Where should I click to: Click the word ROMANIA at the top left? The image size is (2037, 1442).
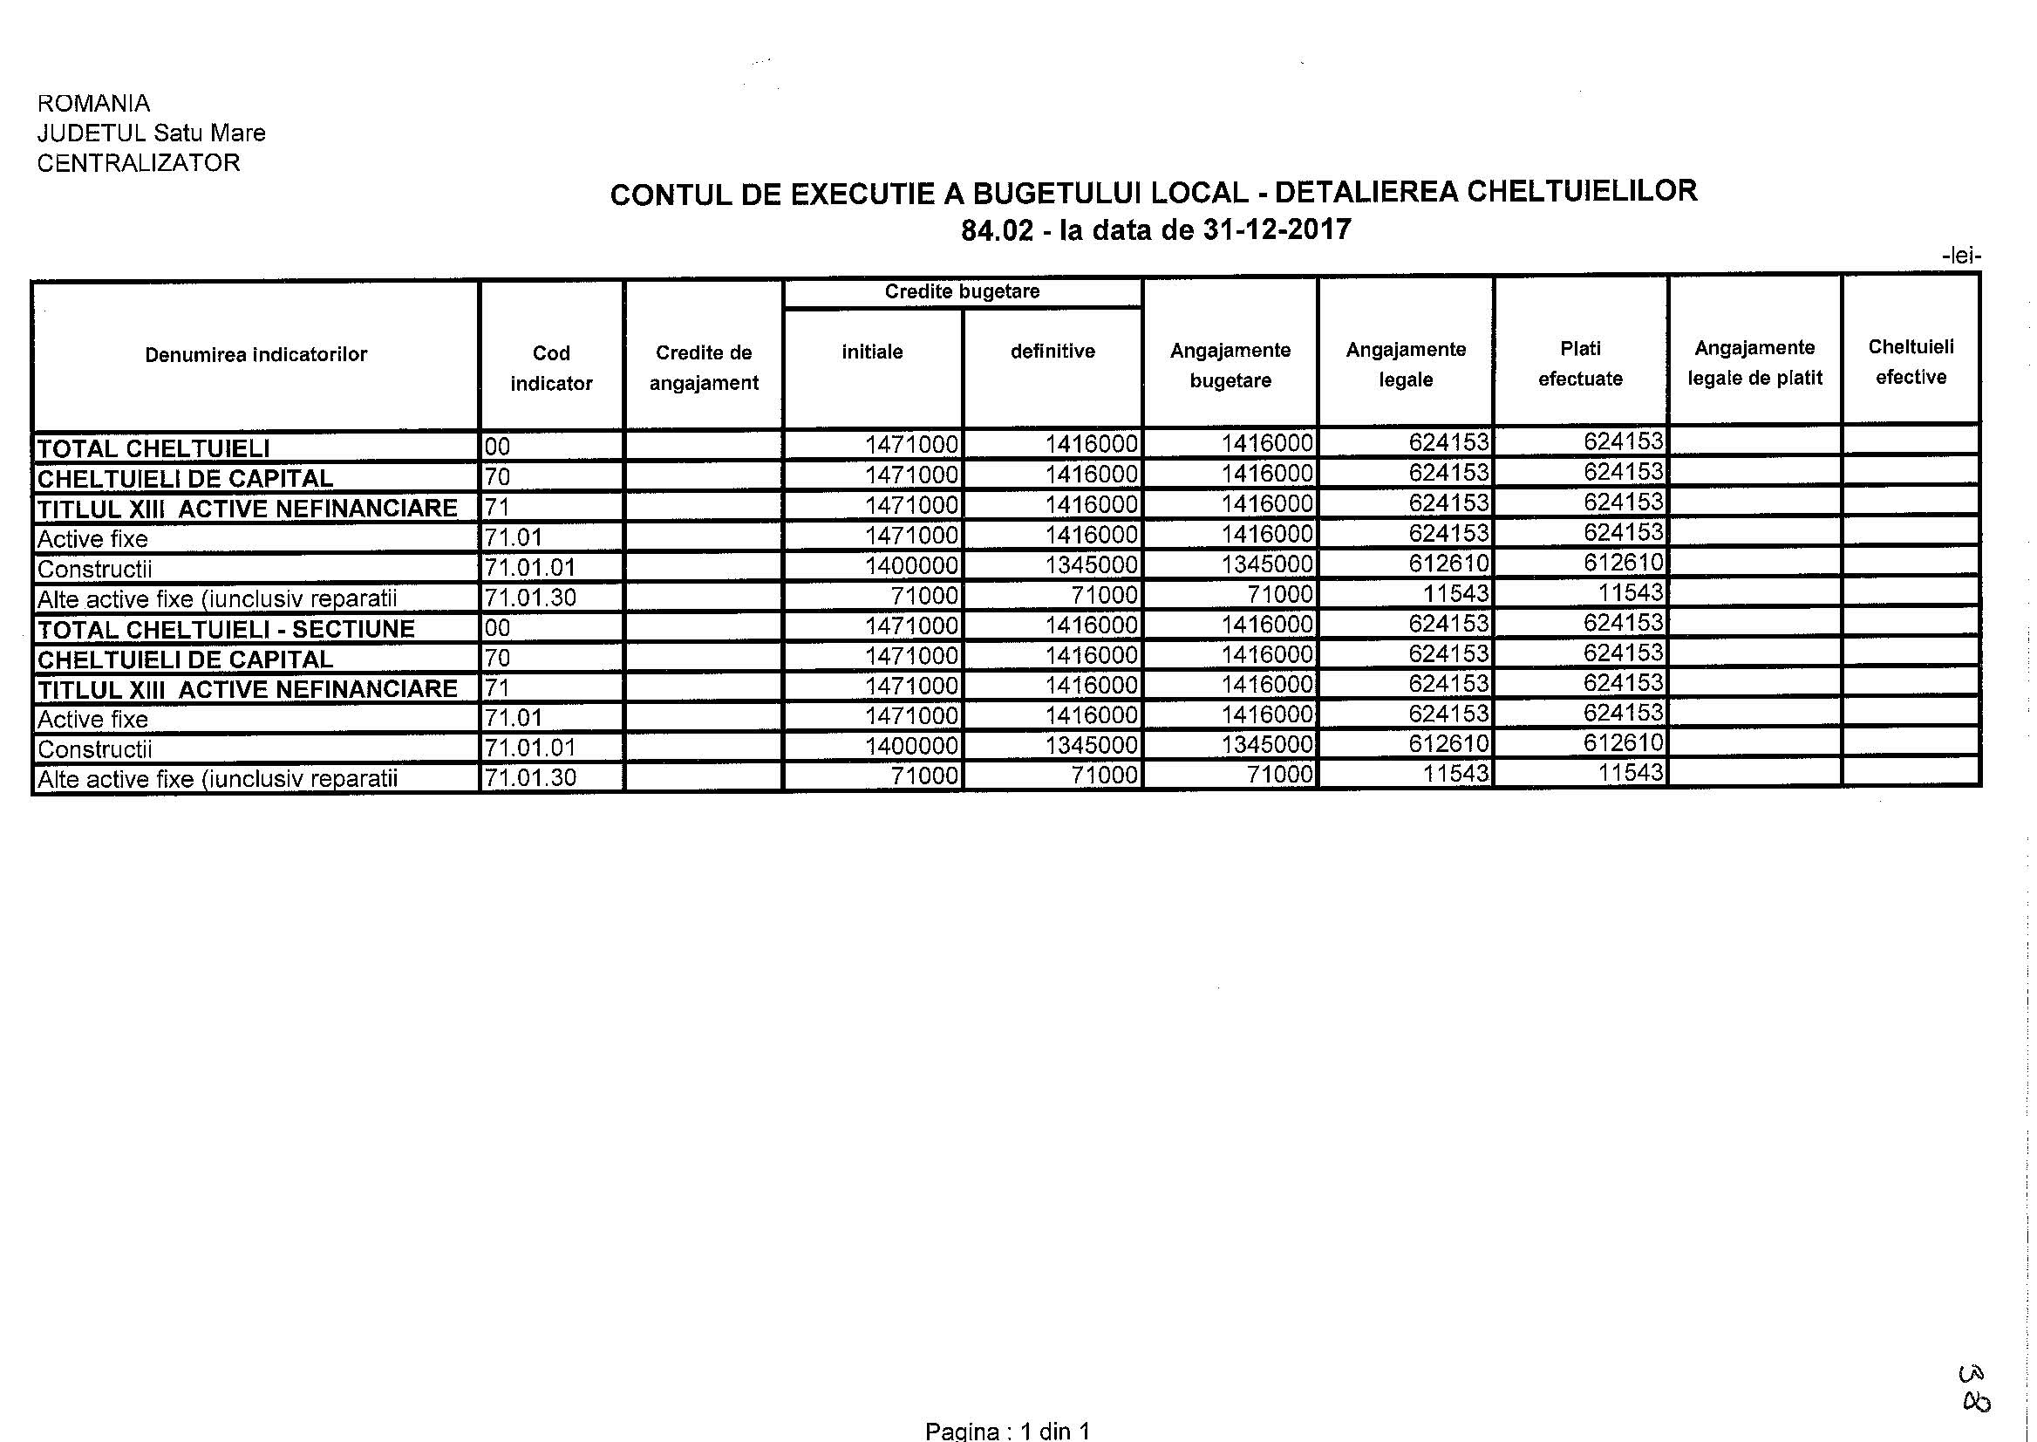[x=93, y=103]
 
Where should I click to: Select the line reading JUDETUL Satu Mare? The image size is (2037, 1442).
[x=151, y=133]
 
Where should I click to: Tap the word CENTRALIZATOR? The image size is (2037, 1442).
[x=139, y=163]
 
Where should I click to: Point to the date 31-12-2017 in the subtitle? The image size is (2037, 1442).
[x=1277, y=230]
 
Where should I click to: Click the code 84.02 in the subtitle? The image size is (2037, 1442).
[x=997, y=231]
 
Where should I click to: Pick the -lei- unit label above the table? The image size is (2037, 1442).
[x=1961, y=256]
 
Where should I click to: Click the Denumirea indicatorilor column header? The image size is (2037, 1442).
[x=255, y=355]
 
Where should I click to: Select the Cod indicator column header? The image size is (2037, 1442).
[x=551, y=367]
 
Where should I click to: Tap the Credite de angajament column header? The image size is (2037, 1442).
[x=704, y=367]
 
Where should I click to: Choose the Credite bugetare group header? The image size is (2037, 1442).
[x=962, y=292]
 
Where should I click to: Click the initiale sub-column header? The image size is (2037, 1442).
[x=873, y=352]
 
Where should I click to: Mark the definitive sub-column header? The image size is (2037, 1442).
[x=1053, y=352]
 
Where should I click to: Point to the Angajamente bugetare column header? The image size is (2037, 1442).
[x=1230, y=365]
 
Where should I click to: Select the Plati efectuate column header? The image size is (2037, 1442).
[x=1580, y=363]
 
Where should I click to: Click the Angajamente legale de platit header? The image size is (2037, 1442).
[x=1754, y=362]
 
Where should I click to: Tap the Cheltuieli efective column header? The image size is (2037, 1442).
[x=1911, y=361]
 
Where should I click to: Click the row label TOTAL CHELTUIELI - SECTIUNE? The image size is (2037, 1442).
[x=226, y=630]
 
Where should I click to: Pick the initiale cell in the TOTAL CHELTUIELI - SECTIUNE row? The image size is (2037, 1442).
[x=911, y=625]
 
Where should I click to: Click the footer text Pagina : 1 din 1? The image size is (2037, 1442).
[x=1006, y=1431]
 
